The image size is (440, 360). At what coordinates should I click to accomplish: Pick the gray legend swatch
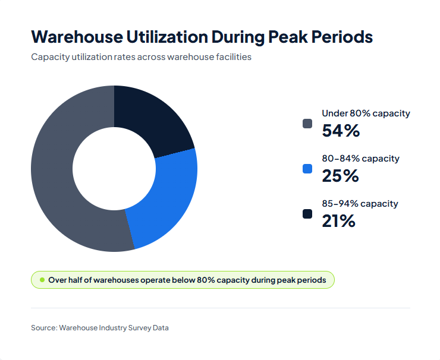click(x=307, y=124)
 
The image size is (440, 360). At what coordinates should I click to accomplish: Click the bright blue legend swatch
click(x=307, y=169)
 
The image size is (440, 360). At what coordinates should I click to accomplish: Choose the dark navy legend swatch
click(x=307, y=214)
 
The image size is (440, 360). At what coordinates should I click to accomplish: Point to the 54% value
click(x=341, y=131)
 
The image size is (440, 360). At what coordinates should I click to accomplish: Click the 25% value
click(x=340, y=176)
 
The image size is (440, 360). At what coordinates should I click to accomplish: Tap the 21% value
click(x=338, y=221)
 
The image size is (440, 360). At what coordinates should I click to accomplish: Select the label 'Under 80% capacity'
click(x=366, y=113)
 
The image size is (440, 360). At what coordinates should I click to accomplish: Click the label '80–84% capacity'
click(x=360, y=159)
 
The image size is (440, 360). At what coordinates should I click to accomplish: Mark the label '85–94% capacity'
click(x=360, y=204)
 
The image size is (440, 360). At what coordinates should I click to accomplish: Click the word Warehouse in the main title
click(x=73, y=37)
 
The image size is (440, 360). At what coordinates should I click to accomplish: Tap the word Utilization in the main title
click(x=163, y=37)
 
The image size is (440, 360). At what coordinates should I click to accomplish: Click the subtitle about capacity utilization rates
click(x=141, y=58)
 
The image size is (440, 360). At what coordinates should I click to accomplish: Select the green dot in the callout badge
click(x=42, y=280)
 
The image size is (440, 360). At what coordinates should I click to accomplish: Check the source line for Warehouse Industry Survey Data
click(x=100, y=327)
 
